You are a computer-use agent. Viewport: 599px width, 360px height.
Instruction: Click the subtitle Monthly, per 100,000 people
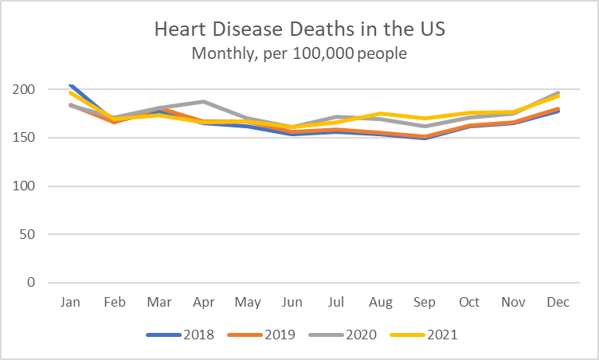299,55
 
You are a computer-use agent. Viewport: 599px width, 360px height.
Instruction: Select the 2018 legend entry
181,335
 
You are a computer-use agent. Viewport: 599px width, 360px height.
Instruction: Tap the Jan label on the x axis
71,303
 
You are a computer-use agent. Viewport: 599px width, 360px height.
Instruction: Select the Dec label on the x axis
555,303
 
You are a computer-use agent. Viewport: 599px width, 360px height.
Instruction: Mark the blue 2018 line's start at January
71,85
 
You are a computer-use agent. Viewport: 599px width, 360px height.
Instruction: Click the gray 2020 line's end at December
555,93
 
